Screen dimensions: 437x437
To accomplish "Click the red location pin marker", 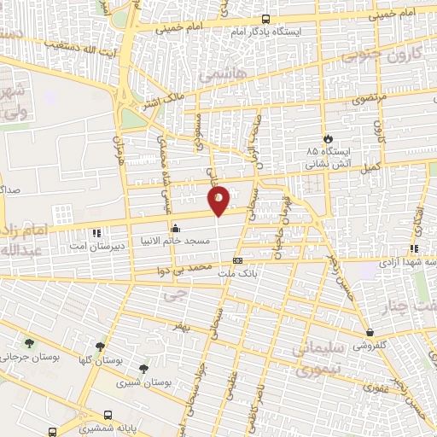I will coord(219,201).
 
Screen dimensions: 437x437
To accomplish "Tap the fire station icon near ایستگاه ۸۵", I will coord(327,138).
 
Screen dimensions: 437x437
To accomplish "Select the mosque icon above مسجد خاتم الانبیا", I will coord(176,229).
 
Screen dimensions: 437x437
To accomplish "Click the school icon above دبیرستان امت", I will coord(97,232).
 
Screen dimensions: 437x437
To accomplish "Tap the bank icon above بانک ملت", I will coord(237,261).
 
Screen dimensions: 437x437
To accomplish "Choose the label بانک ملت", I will coord(236,274).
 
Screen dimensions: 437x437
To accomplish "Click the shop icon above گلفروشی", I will coord(370,333).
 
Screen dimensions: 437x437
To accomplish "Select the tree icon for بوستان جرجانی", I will coord(31,343).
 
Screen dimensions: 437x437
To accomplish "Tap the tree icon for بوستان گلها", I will coord(101,347).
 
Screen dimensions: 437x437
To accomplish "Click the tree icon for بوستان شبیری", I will coord(143,370).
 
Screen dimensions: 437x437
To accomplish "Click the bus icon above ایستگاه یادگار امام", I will coord(265,19).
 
